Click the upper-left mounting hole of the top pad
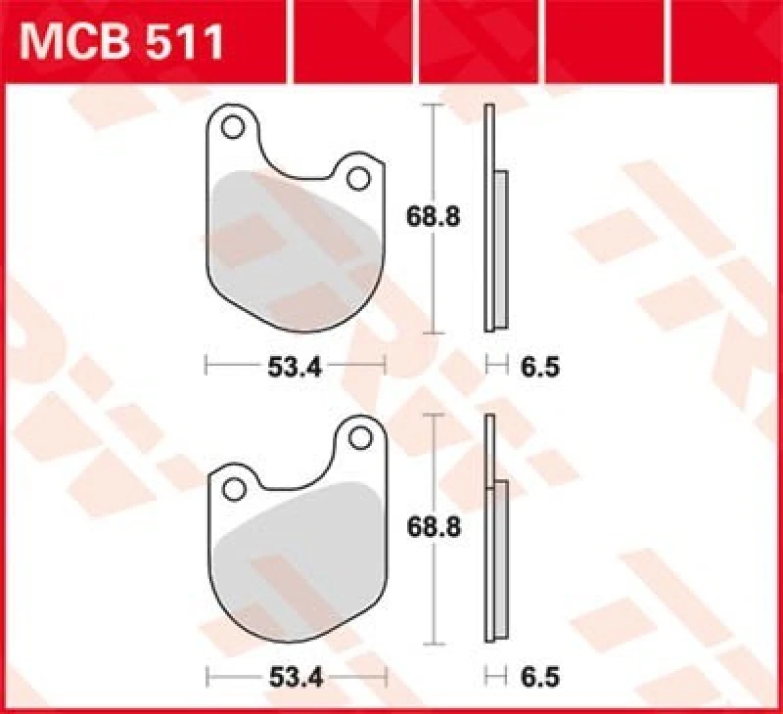[232, 127]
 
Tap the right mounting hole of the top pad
[358, 178]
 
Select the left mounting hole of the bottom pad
[234, 487]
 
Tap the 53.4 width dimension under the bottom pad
[296, 675]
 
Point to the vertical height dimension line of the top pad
[435, 156]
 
